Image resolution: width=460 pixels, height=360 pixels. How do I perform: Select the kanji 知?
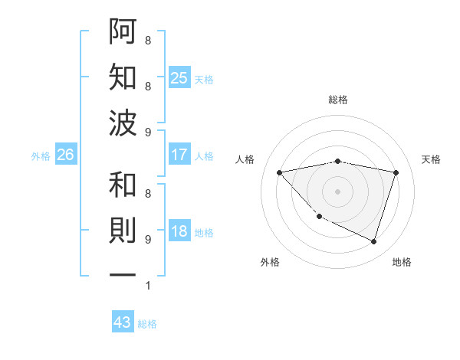pos(123,77)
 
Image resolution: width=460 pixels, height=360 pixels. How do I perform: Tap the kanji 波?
pos(123,123)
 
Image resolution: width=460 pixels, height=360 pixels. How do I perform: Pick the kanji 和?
pos(123,185)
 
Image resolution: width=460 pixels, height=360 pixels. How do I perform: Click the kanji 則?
pos(123,230)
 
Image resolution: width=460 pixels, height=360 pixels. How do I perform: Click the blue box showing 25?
pos(179,77)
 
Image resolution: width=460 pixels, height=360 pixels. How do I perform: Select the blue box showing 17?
pos(179,155)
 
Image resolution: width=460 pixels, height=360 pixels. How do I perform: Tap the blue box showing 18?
pos(179,232)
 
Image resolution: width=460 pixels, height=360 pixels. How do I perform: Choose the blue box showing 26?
pos(66,155)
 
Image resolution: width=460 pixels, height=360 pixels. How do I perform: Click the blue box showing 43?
pos(123,322)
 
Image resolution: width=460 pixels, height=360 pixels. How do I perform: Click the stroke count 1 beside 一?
pos(148,286)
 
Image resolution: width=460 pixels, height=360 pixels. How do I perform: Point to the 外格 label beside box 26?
pos(41,155)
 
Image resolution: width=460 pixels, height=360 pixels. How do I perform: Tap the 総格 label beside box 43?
pos(147,324)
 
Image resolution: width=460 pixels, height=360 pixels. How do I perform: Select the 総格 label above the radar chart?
pos(337,100)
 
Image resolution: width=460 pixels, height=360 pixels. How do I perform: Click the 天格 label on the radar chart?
pos(432,159)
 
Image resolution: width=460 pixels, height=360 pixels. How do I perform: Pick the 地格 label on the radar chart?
pos(402,262)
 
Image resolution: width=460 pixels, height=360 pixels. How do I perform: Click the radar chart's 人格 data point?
pos(279,172)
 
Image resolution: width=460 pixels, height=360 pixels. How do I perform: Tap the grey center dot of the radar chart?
pos(337,191)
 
